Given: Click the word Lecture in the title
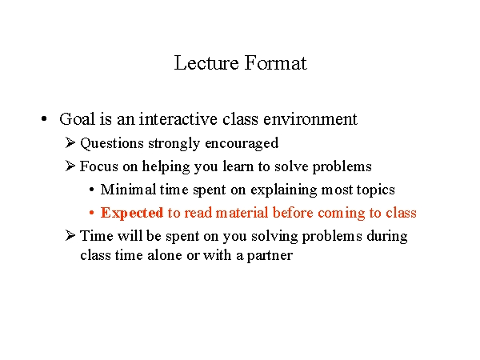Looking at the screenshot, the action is [x=206, y=62].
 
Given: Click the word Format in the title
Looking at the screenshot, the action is [x=276, y=62].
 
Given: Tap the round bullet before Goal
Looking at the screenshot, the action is [x=44, y=118].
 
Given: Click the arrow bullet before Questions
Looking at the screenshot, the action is [x=70, y=142].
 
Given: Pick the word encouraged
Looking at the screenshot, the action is [x=242, y=143].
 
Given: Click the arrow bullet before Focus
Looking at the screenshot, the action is [x=70, y=166].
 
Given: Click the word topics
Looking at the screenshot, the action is [x=376, y=190].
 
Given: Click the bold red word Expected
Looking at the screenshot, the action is [x=132, y=213].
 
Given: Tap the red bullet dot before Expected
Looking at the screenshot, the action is [x=91, y=213].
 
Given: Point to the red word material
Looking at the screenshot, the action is [x=242, y=213].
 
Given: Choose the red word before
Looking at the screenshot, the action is [x=293, y=213].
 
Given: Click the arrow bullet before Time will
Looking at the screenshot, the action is [x=70, y=235].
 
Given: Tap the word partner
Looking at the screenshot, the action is [x=270, y=256].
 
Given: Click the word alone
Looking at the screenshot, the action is [x=165, y=255].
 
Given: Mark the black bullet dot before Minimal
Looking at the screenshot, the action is [x=91, y=190].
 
